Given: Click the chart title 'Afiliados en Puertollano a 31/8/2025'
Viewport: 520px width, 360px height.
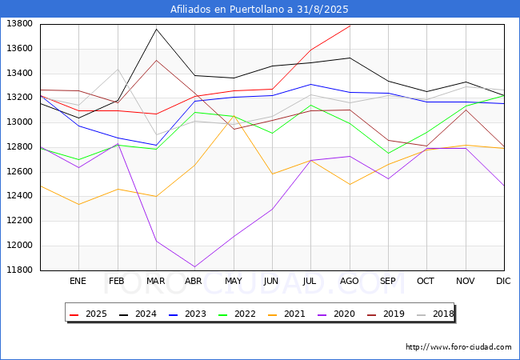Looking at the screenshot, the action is click(x=259, y=9).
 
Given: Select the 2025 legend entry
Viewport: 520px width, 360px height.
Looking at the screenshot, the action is click(x=88, y=314).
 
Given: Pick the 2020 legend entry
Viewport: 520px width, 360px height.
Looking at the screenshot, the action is click(x=336, y=314).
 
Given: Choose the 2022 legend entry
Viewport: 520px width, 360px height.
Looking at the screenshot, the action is click(x=237, y=314).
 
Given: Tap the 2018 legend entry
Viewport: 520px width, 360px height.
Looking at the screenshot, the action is click(x=435, y=314).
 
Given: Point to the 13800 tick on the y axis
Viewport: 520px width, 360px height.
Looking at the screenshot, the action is click(x=19, y=23).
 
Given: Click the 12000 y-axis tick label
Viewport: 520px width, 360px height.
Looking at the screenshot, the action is click(x=19, y=246).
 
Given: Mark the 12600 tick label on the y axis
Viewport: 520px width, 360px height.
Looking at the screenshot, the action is click(x=19, y=171).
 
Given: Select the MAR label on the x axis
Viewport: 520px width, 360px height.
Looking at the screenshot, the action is click(x=155, y=281).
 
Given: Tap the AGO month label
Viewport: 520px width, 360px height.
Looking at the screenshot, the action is click(x=350, y=281).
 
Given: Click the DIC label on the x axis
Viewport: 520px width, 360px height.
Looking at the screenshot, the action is click(x=503, y=281).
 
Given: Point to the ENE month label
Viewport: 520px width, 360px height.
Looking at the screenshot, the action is click(x=78, y=281).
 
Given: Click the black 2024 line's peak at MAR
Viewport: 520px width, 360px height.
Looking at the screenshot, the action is click(x=156, y=29).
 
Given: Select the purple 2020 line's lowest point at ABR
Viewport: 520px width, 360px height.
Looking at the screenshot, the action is click(x=194, y=267).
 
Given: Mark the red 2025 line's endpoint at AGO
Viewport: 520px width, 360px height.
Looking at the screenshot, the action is click(x=350, y=26).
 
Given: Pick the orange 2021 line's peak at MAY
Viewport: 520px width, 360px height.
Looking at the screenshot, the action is click(x=234, y=116).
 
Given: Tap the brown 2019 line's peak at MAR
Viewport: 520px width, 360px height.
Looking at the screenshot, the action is click(x=156, y=60).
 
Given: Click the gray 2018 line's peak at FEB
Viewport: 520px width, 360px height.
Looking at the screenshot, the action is click(x=118, y=70).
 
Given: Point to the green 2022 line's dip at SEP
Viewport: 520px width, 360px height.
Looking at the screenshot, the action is click(x=388, y=153).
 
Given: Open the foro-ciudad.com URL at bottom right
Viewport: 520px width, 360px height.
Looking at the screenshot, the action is click(x=458, y=347).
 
